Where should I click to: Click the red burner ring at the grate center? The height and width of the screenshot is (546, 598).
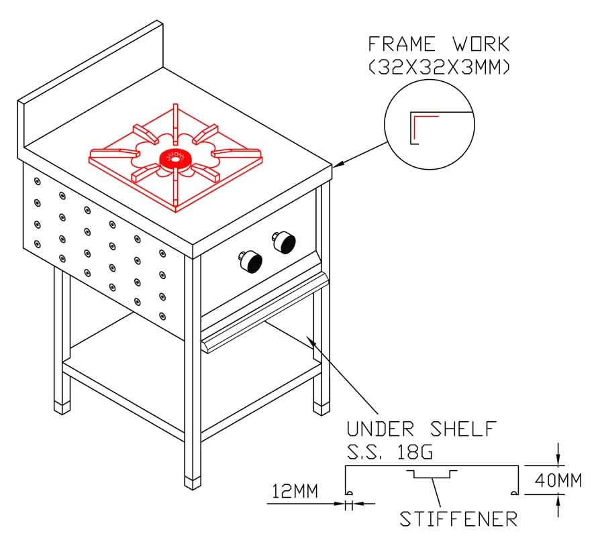(x=175, y=159)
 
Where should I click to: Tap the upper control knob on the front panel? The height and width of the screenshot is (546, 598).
(x=284, y=241)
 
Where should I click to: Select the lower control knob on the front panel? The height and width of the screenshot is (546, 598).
(x=251, y=262)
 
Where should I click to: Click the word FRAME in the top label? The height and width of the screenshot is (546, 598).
(x=401, y=44)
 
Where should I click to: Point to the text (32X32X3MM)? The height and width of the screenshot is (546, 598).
(x=439, y=67)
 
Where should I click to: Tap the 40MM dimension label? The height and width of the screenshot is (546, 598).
(x=558, y=480)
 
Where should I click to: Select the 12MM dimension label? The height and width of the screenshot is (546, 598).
(x=295, y=491)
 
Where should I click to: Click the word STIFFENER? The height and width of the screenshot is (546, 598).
(x=458, y=519)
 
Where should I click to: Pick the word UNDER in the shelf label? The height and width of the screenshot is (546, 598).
(x=381, y=429)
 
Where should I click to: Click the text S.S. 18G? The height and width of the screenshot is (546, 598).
(x=390, y=452)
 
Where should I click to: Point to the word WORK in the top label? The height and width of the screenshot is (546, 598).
(x=481, y=44)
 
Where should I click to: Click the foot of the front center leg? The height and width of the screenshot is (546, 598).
(x=193, y=483)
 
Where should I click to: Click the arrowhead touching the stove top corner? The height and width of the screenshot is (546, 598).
(x=338, y=164)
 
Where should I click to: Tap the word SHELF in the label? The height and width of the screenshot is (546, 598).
(x=463, y=429)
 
